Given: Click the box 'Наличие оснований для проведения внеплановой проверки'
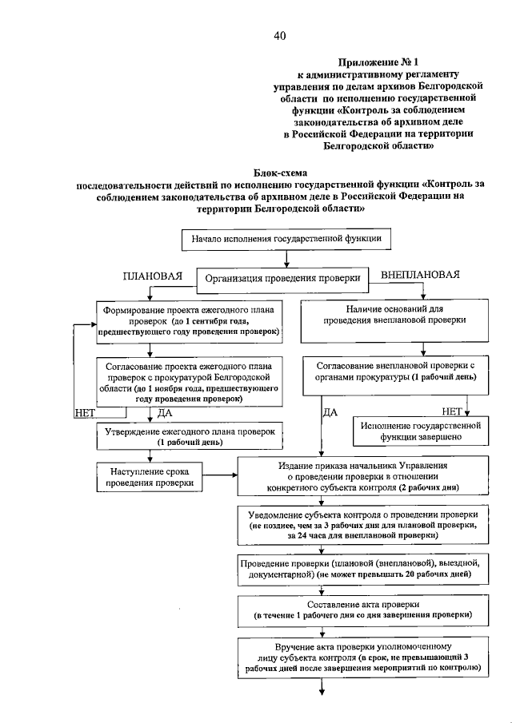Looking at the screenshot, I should [x=394, y=314].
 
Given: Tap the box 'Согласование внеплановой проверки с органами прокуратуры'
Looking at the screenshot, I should [x=394, y=371].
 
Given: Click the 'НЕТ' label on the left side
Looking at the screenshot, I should [x=84, y=413].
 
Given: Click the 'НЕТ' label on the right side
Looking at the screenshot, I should [x=453, y=411].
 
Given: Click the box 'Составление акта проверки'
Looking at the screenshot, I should [x=362, y=610].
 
